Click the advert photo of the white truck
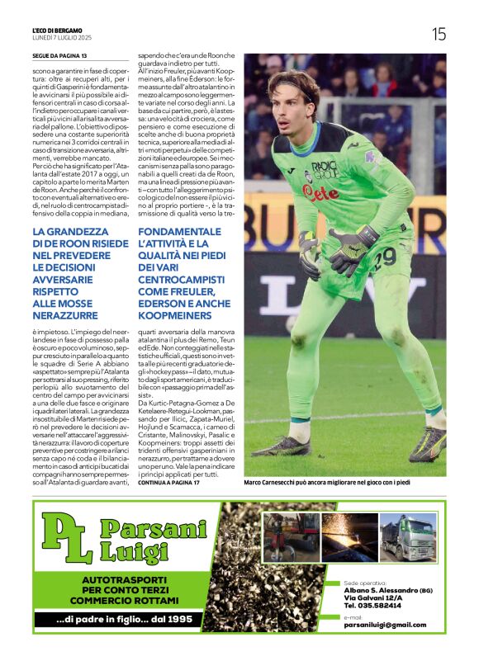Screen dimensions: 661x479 point(407,537)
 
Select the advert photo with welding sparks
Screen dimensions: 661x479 point(349,537)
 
